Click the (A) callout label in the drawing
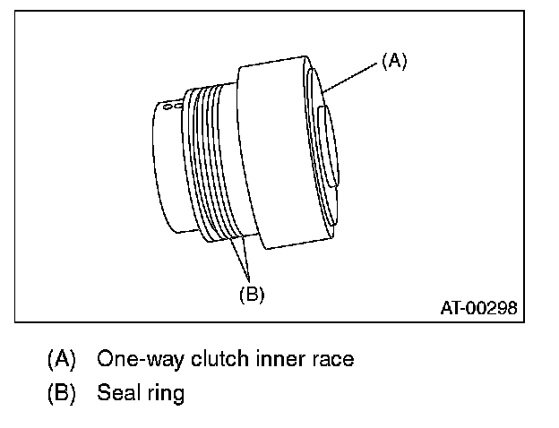pos(394,61)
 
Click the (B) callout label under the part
pos(251,293)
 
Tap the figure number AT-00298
pos(478,309)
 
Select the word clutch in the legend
pos(200,360)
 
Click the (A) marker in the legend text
pos(62,360)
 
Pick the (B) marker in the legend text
pos(62,393)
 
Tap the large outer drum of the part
pos(278,152)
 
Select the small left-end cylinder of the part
pos(166,166)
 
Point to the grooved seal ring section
pos(211,161)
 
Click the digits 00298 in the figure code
pos(493,309)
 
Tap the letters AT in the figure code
pos(450,309)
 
